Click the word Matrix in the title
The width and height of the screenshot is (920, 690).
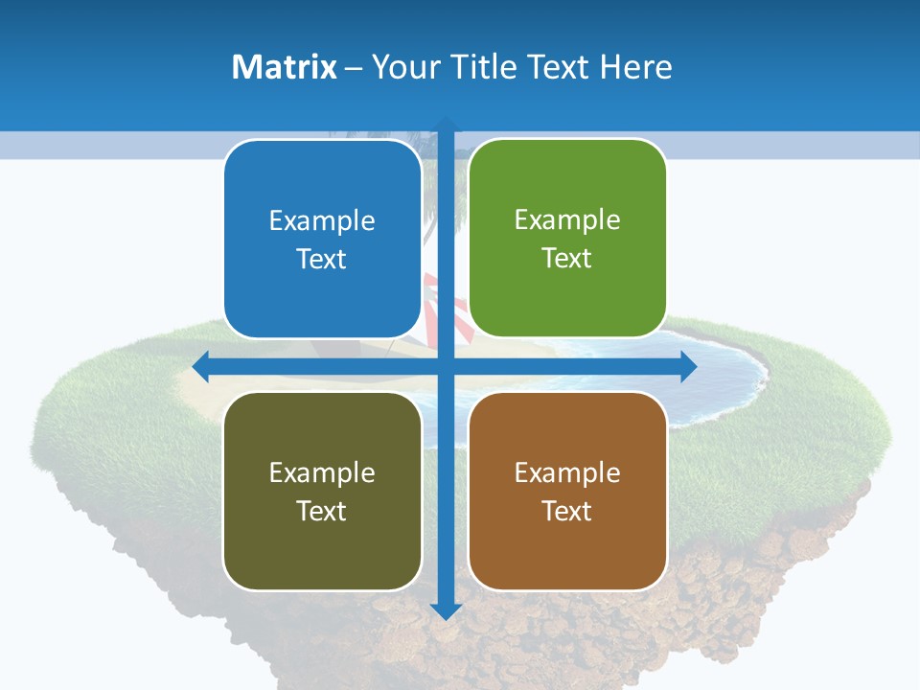coord(285,67)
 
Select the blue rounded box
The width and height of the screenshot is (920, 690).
coord(322,240)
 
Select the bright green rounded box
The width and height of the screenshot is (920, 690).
coord(567,239)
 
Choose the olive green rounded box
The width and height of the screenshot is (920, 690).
coord(322,491)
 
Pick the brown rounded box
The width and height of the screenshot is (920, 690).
coord(567,491)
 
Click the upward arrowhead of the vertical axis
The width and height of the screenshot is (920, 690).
coord(446,125)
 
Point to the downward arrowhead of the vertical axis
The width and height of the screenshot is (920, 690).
coord(446,610)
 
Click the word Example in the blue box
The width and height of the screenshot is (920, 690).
coord(322,221)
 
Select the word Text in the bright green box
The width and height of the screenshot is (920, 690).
coord(567,259)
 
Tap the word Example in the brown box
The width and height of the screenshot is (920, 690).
coord(567,472)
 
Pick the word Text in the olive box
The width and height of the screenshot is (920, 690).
coord(322,511)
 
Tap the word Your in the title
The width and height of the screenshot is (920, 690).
coord(406,67)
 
